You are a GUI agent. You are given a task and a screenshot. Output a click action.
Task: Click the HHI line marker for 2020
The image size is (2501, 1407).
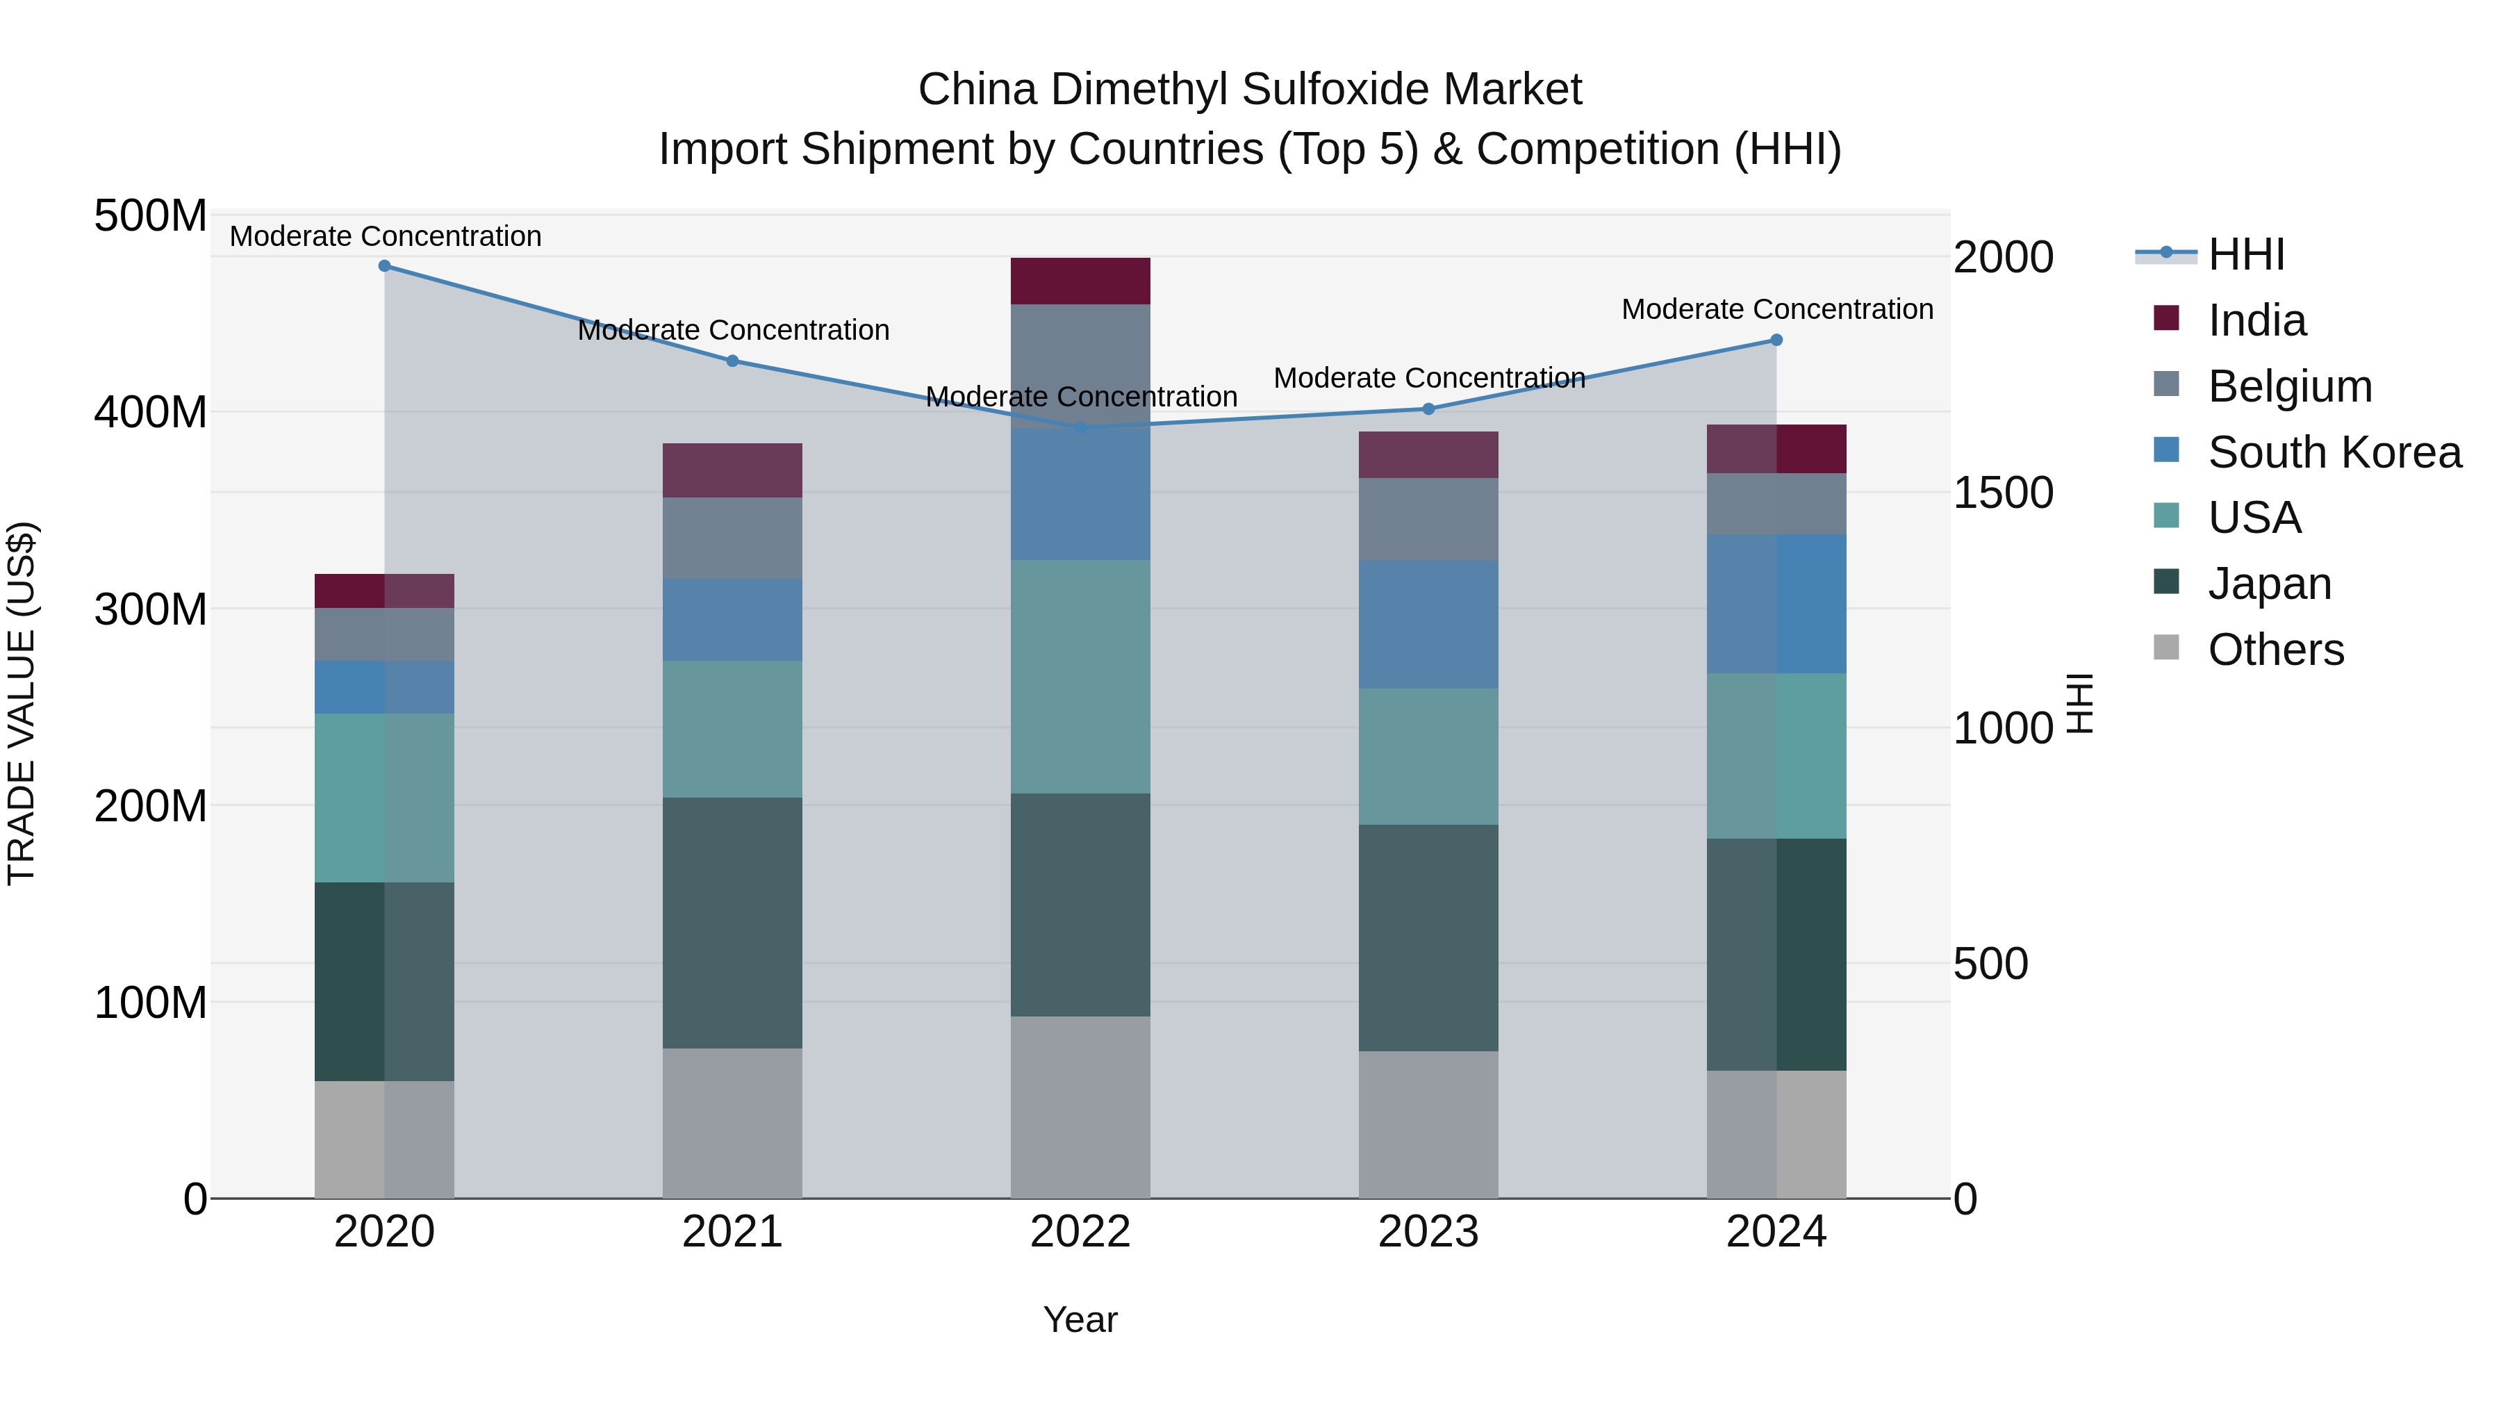click(x=384, y=265)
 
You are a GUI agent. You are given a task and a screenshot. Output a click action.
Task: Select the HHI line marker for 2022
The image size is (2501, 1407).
click(x=1080, y=427)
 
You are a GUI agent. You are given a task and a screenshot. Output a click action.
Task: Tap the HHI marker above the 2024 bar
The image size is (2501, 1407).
click(x=1776, y=340)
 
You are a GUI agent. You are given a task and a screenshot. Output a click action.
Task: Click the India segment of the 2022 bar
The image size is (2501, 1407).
click(x=1080, y=281)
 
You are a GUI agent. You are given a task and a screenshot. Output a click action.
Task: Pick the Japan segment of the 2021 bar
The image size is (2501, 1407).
click(x=732, y=923)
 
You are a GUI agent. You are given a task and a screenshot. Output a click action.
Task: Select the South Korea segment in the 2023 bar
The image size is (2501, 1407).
click(x=1428, y=625)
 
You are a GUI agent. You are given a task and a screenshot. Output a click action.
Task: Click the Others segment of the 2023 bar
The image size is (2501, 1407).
click(x=1428, y=1124)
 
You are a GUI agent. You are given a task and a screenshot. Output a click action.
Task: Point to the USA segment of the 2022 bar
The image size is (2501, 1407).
click(x=1080, y=676)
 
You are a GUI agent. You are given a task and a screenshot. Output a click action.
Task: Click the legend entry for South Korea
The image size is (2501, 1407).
click(x=2334, y=452)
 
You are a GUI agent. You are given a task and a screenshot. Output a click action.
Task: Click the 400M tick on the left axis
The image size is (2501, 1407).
click(x=151, y=413)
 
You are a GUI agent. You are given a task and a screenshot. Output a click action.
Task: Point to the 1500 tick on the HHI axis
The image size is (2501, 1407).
click(x=2002, y=493)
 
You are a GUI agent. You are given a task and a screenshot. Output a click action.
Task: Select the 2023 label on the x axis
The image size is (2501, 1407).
click(x=1428, y=1232)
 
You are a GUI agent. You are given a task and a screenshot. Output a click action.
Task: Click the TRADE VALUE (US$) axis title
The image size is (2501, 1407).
click(x=22, y=703)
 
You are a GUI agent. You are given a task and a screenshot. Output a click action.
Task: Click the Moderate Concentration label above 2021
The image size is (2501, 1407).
click(x=733, y=330)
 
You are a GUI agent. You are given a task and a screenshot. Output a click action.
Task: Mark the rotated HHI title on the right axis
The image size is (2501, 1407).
click(x=2079, y=703)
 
